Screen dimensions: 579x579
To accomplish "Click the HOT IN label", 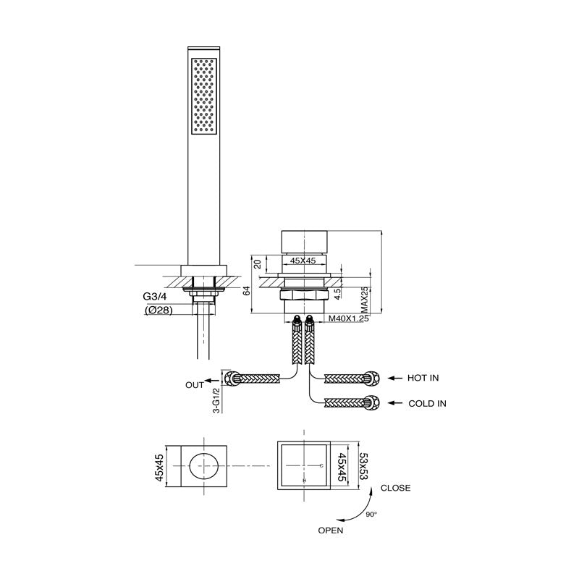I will (423, 378).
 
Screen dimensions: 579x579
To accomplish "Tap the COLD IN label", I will (426, 403).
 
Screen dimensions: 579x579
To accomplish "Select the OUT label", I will (195, 385).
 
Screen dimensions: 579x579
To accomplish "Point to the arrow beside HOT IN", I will (397, 378).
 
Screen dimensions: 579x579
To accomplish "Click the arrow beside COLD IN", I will (397, 403).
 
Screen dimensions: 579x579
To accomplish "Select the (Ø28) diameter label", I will (159, 311).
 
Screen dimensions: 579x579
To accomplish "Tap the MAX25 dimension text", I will (365, 297).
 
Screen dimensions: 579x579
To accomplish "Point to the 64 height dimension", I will (247, 290).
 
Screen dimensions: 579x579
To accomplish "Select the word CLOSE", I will (396, 488).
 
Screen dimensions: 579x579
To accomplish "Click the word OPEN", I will (330, 530).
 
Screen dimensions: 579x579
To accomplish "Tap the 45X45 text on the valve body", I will (303, 261).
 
